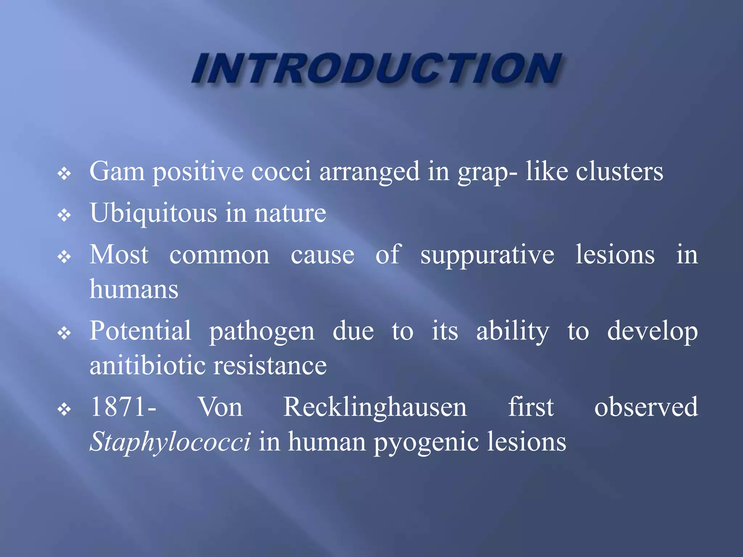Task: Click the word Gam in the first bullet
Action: pyautogui.click(x=117, y=171)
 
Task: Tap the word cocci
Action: pyautogui.click(x=281, y=171)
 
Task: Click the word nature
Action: pyautogui.click(x=290, y=213)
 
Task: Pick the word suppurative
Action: pyautogui.click(x=487, y=255)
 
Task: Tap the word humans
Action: pyautogui.click(x=134, y=289)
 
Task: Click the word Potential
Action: pyautogui.click(x=140, y=331)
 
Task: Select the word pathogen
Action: pyautogui.click(x=262, y=331)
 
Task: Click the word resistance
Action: pyautogui.click(x=270, y=366)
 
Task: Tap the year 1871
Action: pyautogui.click(x=119, y=407)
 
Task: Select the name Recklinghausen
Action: pyautogui.click(x=375, y=408)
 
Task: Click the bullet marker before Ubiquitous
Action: pyautogui.click(x=64, y=215)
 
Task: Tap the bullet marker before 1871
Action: pyautogui.click(x=64, y=410)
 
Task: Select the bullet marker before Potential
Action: pyautogui.click(x=64, y=333)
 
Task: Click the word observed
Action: pyautogui.click(x=646, y=407)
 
